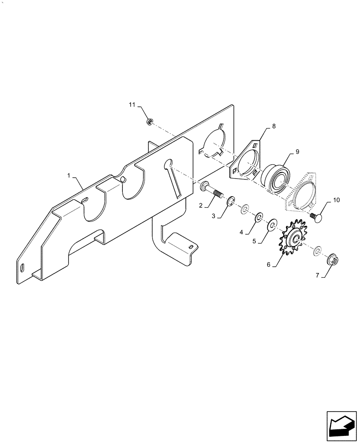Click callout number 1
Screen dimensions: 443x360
click(69, 176)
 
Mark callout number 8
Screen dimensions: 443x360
click(274, 127)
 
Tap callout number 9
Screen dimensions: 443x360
click(297, 152)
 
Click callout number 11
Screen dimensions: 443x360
click(132, 105)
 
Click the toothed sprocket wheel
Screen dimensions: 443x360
click(292, 239)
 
